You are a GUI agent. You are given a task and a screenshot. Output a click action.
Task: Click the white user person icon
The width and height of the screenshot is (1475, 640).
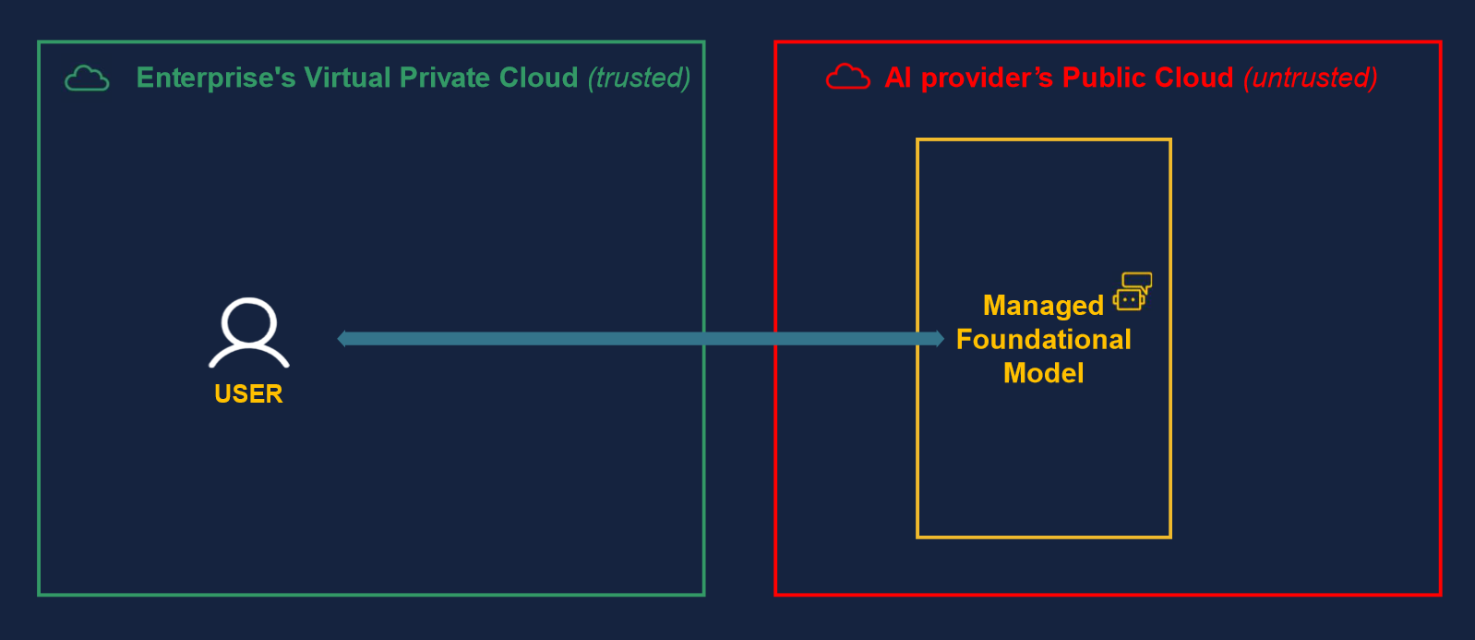(249, 332)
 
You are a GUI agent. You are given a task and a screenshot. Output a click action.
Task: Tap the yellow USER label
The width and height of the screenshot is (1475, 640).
(248, 394)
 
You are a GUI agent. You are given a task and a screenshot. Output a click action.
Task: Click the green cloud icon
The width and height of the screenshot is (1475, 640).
(87, 78)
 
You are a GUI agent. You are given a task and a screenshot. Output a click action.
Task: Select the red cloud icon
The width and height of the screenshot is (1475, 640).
(847, 77)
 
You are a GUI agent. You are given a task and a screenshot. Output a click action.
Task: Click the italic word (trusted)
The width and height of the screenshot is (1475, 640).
(639, 78)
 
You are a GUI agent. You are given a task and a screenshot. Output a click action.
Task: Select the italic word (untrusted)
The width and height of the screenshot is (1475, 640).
(1310, 78)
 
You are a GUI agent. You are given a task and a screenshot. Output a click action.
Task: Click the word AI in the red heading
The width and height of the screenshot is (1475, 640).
(898, 78)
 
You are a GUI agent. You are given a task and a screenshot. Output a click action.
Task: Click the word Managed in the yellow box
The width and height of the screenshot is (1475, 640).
(1043, 306)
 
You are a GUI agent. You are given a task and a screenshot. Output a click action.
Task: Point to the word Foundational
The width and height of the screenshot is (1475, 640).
(1043, 340)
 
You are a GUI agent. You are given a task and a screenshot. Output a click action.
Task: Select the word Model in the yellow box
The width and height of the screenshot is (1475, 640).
(1043, 373)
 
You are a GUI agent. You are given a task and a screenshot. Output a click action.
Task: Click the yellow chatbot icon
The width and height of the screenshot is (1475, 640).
(1133, 292)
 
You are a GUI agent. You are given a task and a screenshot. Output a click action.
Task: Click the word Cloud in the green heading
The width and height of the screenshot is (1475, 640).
(538, 78)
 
